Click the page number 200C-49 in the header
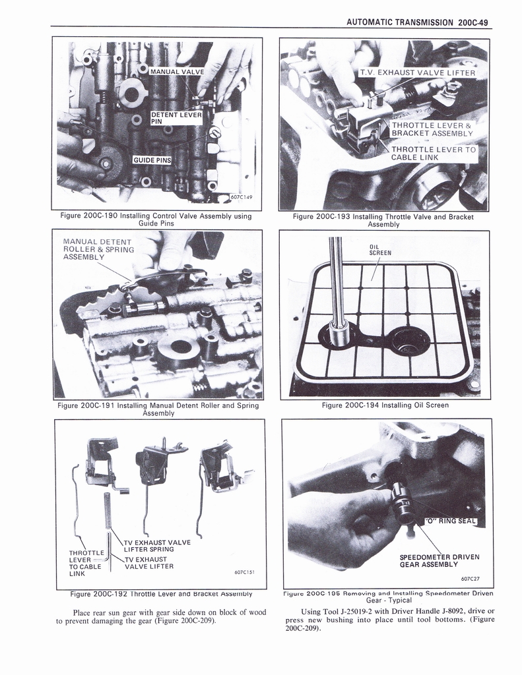coord(473,22)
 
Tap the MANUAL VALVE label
coord(177,71)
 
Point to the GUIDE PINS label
coord(152,160)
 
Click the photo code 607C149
coord(242,196)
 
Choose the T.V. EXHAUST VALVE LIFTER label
coord(417,73)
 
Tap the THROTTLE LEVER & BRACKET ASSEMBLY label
coord(432,129)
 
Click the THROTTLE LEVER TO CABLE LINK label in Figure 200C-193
coord(433,154)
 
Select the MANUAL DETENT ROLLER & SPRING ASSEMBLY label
coord(98,249)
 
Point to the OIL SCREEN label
coord(380,250)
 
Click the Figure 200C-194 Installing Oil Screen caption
coord(385,405)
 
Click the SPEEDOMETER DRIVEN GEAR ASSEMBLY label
coord(439,560)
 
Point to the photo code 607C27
coord(470,579)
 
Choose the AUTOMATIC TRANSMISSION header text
coord(399,22)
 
